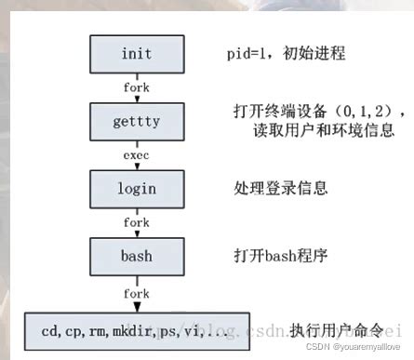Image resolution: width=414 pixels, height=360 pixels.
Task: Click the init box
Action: pos(136,54)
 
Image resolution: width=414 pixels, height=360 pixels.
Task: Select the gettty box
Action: pos(136,121)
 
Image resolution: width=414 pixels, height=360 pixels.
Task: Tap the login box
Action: pos(136,189)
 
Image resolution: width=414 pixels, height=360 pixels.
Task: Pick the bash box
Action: pos(136,255)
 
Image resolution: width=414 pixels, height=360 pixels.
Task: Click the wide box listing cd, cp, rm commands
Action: pos(136,329)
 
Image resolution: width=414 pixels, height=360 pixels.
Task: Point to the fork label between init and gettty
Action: pos(136,87)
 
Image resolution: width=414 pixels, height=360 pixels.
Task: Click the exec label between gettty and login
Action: pos(136,155)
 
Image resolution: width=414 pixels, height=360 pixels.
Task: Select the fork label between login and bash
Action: pos(136,222)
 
